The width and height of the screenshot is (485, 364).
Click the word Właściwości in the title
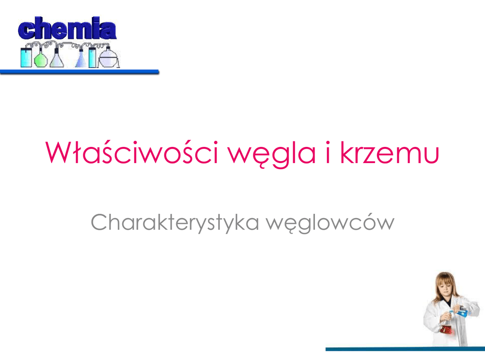[x=132, y=152]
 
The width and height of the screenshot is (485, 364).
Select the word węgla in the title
[x=272, y=155]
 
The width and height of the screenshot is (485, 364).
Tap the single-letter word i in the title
[x=328, y=152]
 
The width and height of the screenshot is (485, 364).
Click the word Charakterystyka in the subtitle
[x=175, y=223]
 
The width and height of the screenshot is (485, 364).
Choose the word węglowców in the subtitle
[x=330, y=223]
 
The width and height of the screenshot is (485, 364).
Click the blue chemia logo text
[x=67, y=28]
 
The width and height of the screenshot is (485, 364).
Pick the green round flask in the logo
[x=40, y=59]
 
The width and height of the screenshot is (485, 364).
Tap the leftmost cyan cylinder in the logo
[x=26, y=57]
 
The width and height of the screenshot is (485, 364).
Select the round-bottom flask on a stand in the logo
[x=108, y=57]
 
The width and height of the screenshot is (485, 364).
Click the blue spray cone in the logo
[x=81, y=59]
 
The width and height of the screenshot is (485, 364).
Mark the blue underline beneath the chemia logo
[x=80, y=72]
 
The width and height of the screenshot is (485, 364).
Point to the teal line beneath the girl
[x=405, y=349]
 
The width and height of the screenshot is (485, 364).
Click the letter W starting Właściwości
[x=58, y=152]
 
